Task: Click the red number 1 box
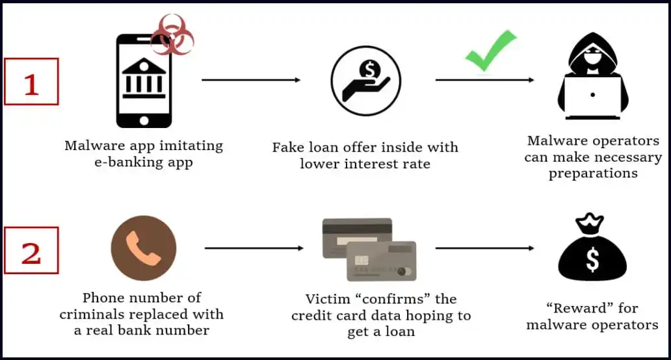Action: [x=31, y=81]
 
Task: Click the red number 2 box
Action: [x=31, y=250]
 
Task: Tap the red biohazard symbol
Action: [x=172, y=35]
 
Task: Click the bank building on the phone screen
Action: [x=144, y=78]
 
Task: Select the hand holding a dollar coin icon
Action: [x=366, y=81]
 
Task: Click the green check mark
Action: [x=491, y=51]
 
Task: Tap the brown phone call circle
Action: [x=144, y=248]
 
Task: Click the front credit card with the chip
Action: [x=381, y=261]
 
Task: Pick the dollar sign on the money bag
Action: [x=592, y=260]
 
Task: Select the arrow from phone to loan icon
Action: [x=251, y=80]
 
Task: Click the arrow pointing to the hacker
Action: [x=485, y=80]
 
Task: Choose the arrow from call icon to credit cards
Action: [x=254, y=248]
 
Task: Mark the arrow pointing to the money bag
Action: [x=485, y=248]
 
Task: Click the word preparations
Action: [x=593, y=174]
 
